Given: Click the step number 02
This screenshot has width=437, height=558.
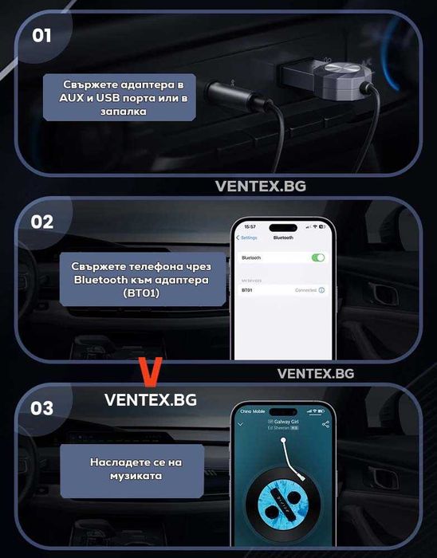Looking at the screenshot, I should click(42, 221).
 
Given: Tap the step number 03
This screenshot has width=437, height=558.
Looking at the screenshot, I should click(42, 408).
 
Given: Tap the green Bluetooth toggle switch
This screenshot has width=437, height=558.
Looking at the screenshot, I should click(318, 257).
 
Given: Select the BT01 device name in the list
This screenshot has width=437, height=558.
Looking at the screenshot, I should click(247, 290).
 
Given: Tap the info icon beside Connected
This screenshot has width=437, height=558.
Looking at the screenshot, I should click(322, 290).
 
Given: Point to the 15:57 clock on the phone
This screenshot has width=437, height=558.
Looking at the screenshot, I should click(250, 226).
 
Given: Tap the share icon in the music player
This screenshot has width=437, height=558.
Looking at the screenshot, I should click(325, 424).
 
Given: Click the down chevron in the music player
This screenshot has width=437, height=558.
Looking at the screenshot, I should click(241, 424).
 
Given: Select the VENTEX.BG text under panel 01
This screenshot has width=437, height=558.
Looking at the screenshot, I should click(260, 186).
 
